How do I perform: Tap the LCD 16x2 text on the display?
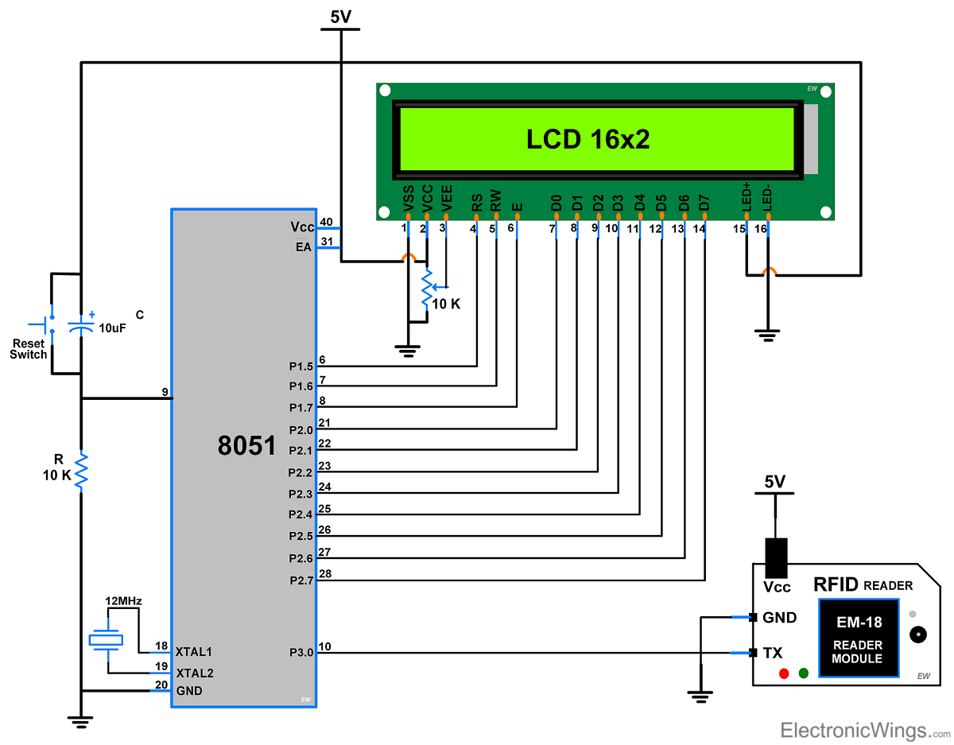coord(588,140)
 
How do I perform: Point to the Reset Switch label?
coord(29,348)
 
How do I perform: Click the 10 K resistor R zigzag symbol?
coord(80,471)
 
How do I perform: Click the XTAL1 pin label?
coord(194,651)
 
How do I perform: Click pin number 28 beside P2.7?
coord(324,573)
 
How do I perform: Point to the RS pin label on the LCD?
coord(476,203)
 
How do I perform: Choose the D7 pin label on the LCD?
coord(704,203)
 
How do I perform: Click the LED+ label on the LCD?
coord(746,197)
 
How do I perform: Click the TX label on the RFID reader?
coord(772,653)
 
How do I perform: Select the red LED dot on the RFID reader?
coord(784,673)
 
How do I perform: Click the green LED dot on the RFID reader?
coord(803,673)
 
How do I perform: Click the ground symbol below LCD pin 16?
coord(767,335)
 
